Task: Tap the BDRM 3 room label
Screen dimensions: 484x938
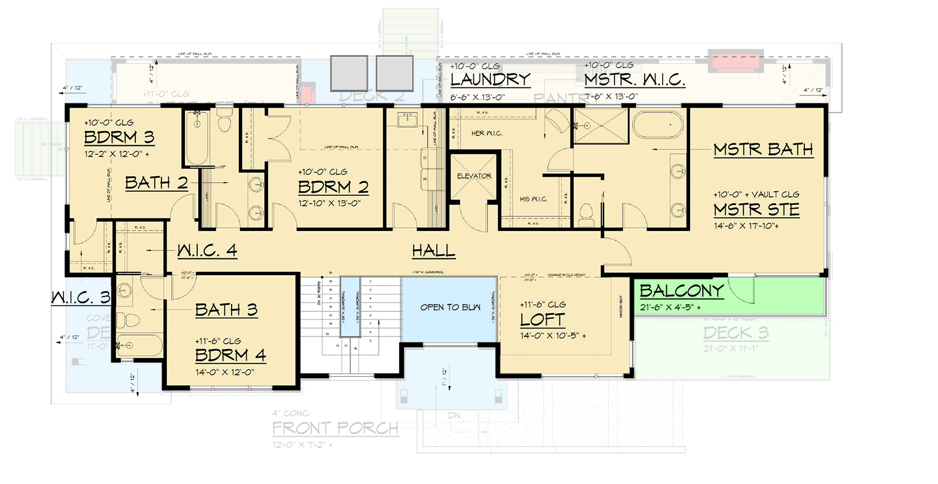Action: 119,137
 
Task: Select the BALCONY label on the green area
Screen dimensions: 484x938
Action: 682,291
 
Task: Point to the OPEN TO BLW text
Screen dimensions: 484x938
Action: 451,307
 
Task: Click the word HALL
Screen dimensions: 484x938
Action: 433,250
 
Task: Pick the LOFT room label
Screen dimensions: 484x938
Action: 542,320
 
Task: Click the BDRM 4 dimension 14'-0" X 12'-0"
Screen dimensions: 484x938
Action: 224,372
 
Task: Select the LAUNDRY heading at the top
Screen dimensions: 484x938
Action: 490,80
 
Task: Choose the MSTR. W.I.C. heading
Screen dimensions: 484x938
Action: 634,80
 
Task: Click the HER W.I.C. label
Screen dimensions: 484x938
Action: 487,133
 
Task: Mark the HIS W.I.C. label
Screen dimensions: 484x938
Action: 533,199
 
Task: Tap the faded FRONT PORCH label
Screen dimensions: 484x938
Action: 335,429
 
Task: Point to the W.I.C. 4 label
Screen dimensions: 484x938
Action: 207,250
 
